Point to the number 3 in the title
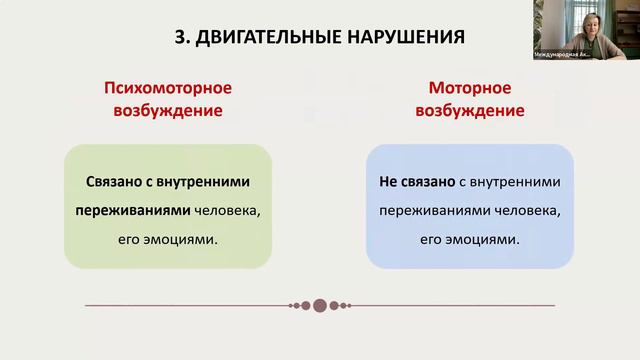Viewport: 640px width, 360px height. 179,38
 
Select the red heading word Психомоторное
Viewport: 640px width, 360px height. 167,88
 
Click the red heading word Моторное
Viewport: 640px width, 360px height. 469,88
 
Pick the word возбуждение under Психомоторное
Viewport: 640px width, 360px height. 167,111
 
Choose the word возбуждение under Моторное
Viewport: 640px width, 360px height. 469,111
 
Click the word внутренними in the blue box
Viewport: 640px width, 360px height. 515,182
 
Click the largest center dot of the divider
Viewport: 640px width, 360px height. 320,305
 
